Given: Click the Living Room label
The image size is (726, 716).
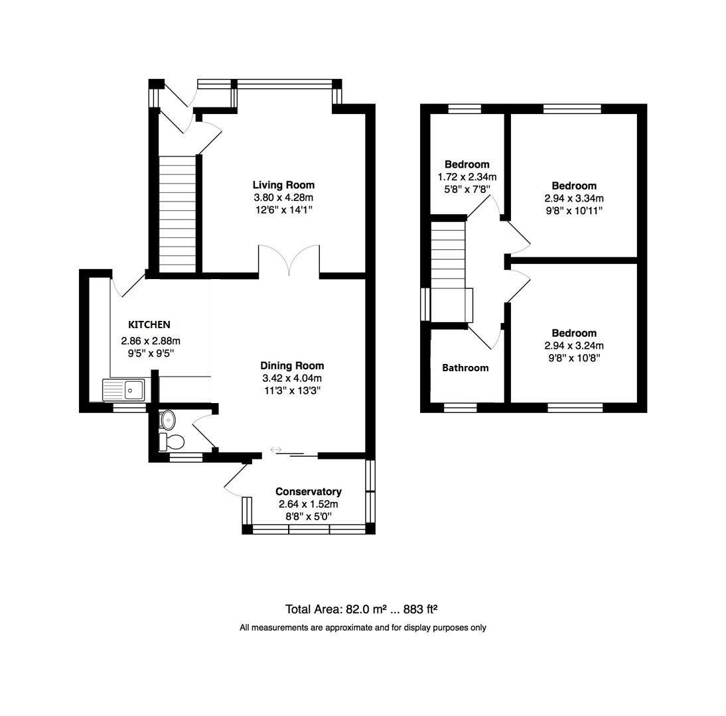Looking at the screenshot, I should point(283,185).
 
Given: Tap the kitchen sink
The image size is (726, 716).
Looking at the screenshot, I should point(124,390).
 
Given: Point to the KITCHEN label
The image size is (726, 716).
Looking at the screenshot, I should point(149,325).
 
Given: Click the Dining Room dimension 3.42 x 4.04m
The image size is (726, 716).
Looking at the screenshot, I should point(292,378).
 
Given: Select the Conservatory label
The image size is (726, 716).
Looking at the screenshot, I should point(309,491).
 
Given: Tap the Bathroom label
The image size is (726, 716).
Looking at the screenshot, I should point(465,368).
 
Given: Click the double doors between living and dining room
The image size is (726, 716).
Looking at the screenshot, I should point(289,260).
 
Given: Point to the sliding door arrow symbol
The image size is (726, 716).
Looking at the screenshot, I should point(277,450).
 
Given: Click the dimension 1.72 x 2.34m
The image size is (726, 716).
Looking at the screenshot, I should point(467,177).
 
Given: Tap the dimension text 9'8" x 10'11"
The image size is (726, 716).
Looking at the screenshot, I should point(574,211).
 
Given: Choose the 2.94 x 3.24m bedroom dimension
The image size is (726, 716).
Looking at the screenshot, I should point(574,345).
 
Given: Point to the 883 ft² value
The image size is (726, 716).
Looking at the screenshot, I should point(417,609).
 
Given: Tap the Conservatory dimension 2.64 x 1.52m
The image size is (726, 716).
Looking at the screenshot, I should point(309,504).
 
